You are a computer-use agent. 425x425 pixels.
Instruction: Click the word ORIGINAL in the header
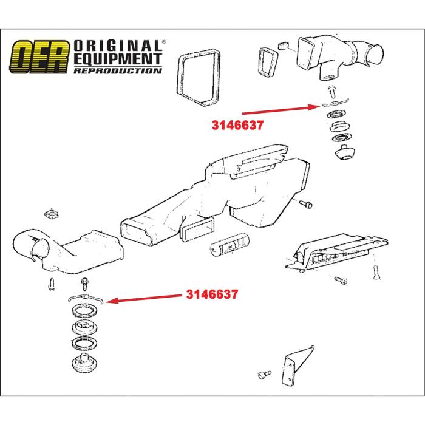(118, 46)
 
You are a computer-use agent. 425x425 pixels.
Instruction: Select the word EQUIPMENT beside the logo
(118, 58)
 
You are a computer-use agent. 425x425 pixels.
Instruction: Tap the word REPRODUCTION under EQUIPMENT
(118, 70)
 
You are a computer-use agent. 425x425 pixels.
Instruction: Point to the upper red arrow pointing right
(279, 109)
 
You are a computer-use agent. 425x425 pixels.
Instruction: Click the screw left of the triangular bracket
(262, 373)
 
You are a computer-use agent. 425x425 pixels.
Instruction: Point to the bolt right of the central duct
(305, 204)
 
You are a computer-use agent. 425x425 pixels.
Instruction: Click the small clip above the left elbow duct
(52, 214)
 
